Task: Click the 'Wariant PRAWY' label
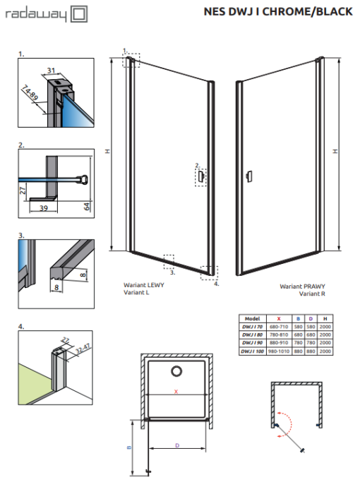299,287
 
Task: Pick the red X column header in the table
279,318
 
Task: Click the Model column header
251,318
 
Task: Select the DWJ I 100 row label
251,351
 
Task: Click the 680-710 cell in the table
279,327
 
